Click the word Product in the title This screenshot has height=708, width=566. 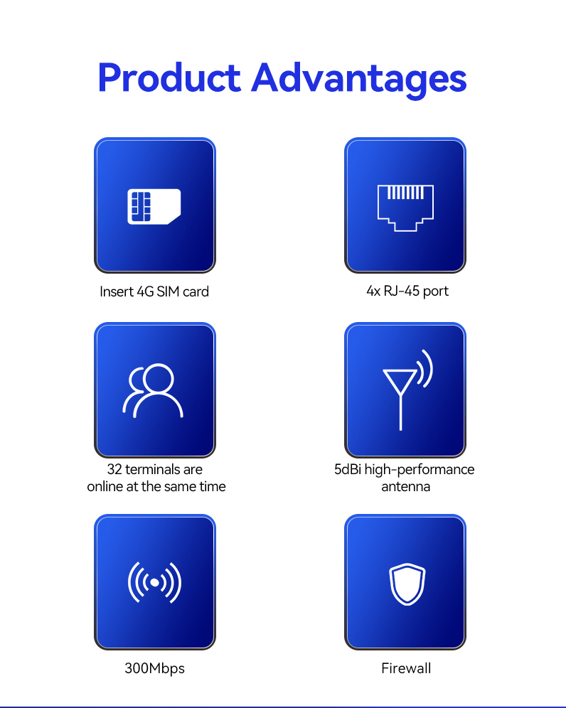tap(169, 77)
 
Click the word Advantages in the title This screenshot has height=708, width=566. tap(358, 80)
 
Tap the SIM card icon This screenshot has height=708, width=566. tap(154, 206)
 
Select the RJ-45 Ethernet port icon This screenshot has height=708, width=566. tap(405, 208)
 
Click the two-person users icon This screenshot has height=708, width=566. tap(153, 390)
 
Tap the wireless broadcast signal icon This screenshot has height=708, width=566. tap(154, 582)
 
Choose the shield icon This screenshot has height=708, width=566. tap(407, 584)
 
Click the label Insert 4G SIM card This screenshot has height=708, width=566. tap(154, 291)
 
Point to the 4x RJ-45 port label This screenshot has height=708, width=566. tap(407, 291)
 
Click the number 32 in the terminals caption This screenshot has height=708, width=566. tap(114, 470)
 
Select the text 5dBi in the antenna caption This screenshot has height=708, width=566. tap(348, 470)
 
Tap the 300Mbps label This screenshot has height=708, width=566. tap(154, 668)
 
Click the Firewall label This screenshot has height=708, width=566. tap(406, 668)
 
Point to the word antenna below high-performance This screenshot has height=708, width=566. tap(405, 487)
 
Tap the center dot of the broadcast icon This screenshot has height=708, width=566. tap(154, 582)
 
